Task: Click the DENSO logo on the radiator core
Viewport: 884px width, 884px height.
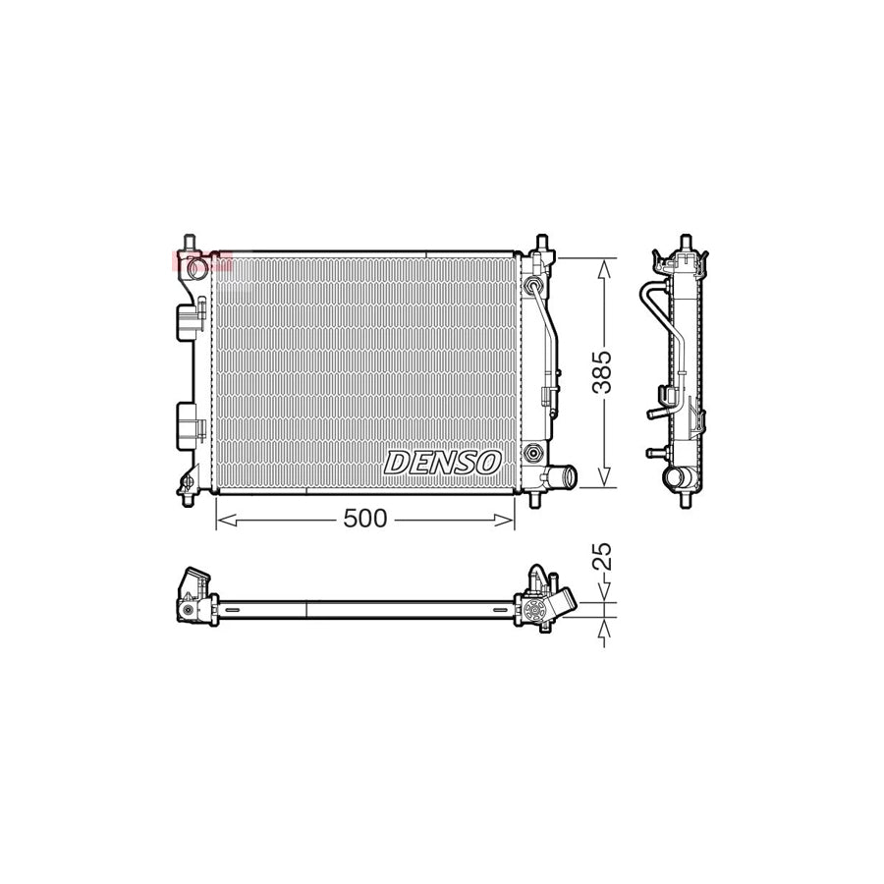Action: pyautogui.click(x=443, y=462)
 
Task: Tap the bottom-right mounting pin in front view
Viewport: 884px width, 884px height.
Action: pyautogui.click(x=534, y=498)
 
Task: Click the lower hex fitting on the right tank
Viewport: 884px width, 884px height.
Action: pyautogui.click(x=532, y=454)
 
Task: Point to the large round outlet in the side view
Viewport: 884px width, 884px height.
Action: pyautogui.click(x=677, y=480)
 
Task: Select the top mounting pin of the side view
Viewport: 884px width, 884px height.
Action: pyautogui.click(x=686, y=242)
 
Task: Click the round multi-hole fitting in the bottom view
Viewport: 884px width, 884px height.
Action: pyautogui.click(x=536, y=610)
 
